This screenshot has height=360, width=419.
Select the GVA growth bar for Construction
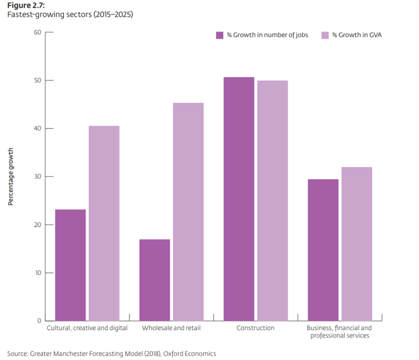point(272,200)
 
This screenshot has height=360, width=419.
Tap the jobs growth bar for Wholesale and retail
point(155,280)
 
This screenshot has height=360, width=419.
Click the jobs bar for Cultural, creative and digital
point(70,265)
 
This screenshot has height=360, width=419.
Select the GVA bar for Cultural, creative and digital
point(104,223)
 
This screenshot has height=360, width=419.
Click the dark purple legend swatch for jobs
point(220,35)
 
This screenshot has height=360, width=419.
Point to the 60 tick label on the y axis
point(37,32)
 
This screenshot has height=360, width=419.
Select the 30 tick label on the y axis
point(37,177)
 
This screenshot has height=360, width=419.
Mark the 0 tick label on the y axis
point(39,321)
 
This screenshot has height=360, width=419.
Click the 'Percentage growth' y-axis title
point(11,177)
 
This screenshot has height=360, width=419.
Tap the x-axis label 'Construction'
point(255,328)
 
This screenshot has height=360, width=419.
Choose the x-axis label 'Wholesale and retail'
point(171,328)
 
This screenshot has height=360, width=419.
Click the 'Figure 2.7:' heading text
point(25,6)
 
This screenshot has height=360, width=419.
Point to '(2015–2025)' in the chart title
point(114,14)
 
